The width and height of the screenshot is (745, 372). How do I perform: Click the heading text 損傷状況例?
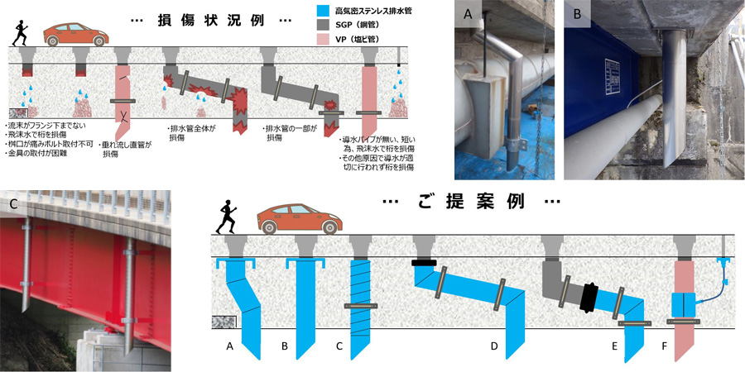(x=204, y=20)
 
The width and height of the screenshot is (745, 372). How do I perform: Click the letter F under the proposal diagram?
(x=661, y=347)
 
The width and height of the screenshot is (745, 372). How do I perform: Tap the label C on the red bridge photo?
(x=13, y=204)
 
